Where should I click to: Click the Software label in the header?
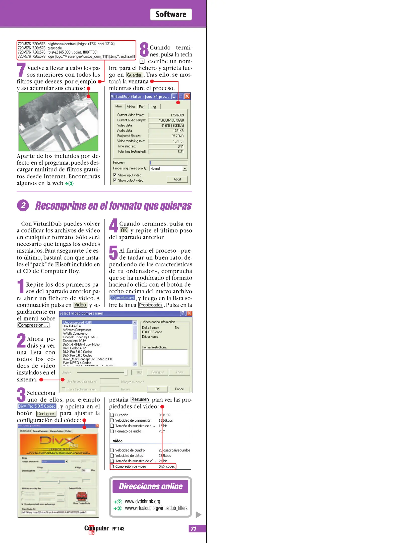pyautogui.click(x=171, y=14)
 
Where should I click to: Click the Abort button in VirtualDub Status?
pyautogui.click(x=177, y=179)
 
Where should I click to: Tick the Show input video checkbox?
pyautogui.click(x=115, y=175)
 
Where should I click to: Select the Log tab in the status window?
pyautogui.click(x=153, y=107)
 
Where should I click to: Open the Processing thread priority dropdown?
pyautogui.click(x=185, y=168)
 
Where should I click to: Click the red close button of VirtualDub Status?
pyautogui.click(x=187, y=96)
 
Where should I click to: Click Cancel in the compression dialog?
pyautogui.click(x=179, y=389)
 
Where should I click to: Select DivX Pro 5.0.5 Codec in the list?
pyautogui.click(x=77, y=355)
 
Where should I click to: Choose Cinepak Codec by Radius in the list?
pyautogui.click(x=80, y=337)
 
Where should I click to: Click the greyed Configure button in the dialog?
pyautogui.click(x=157, y=372)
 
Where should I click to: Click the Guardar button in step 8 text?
pyautogui.click(x=134, y=75)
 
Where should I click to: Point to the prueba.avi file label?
pyautogui.click(x=122, y=298)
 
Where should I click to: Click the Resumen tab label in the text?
pyautogui.click(x=140, y=399)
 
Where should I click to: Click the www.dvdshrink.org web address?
pyautogui.click(x=142, y=501)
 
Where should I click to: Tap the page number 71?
pyautogui.click(x=194, y=529)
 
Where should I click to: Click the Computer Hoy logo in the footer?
pyautogui.click(x=96, y=529)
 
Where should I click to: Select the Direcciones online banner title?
pyautogui.click(x=150, y=486)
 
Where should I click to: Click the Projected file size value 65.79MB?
pyautogui.click(x=177, y=136)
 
